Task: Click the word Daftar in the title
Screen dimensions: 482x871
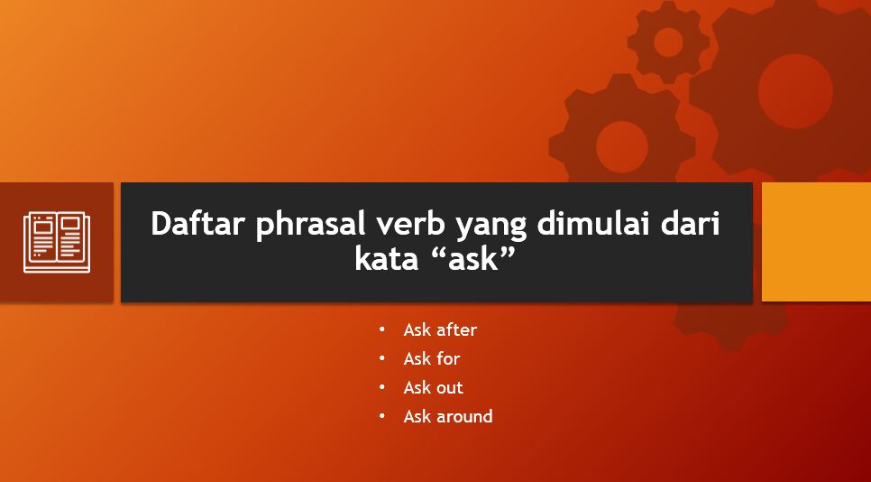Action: click(x=199, y=224)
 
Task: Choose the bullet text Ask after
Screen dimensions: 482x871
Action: click(x=440, y=329)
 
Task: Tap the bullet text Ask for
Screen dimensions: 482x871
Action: click(x=432, y=358)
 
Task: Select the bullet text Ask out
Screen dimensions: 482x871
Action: click(x=433, y=387)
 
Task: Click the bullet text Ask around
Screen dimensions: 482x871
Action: click(x=448, y=416)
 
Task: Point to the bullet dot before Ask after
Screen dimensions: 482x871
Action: click(x=383, y=329)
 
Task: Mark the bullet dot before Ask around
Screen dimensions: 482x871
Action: click(x=383, y=416)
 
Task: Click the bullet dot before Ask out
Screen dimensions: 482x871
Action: click(x=383, y=387)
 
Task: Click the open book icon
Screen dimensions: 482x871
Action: click(x=56, y=241)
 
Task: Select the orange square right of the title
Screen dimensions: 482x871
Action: click(x=816, y=242)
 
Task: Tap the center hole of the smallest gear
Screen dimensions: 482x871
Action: click(x=668, y=42)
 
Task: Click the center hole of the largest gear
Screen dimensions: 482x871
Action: click(x=794, y=90)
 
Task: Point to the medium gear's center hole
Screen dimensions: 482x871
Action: click(x=622, y=146)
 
